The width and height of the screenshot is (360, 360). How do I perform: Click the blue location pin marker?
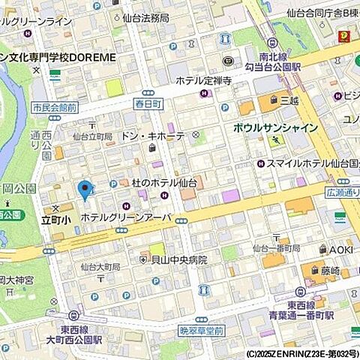point(85,190)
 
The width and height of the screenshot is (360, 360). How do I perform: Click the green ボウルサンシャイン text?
point(275,128)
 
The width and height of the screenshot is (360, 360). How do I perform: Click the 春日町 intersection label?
point(148,102)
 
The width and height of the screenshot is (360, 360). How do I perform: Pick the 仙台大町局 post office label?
point(100,266)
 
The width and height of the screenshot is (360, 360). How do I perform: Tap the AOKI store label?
point(341,249)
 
